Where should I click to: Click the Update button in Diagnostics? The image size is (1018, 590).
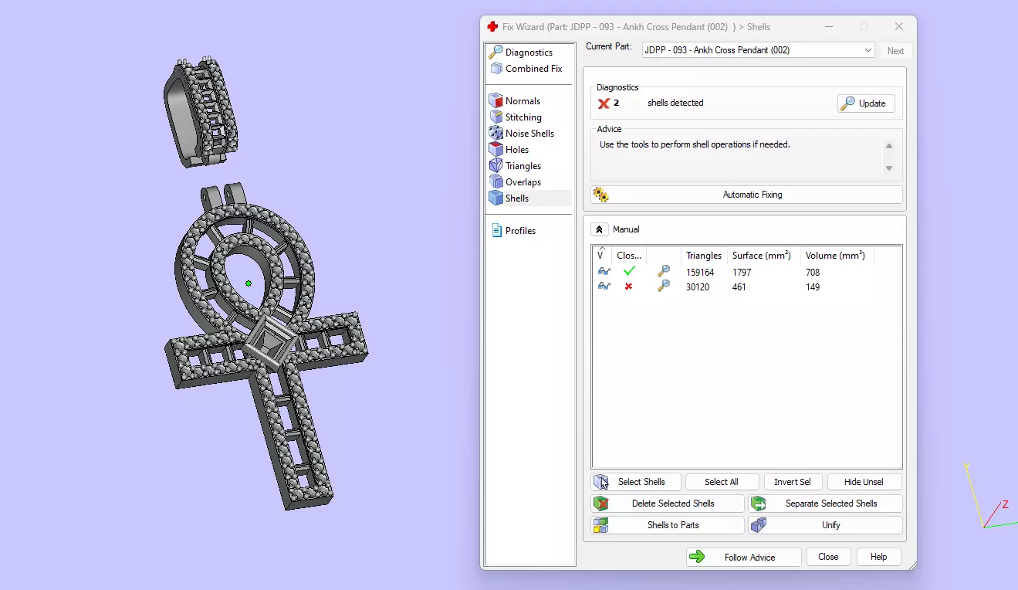pos(866,103)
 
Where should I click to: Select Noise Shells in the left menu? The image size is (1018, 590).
pos(529,134)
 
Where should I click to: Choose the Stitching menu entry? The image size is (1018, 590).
pos(523,117)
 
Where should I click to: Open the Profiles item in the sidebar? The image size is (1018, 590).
pos(520,231)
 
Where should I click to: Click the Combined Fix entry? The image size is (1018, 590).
pos(533,69)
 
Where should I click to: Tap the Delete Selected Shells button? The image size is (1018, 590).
pos(668,504)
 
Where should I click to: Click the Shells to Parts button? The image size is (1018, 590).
pos(668,525)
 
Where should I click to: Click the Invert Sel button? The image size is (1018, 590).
pos(792,482)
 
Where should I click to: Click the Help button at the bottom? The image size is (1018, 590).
pos(878,557)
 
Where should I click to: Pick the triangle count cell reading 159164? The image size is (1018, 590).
pos(700,273)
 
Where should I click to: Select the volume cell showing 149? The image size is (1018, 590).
pos(812,287)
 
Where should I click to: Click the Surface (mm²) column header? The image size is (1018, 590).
pos(761,256)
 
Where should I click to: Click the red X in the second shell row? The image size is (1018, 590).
pos(628,287)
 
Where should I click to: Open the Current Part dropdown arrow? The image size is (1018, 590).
pos(868,50)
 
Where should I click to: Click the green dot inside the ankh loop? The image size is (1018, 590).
pos(249,283)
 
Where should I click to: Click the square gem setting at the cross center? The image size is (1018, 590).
pos(269,341)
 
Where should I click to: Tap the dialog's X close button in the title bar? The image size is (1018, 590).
pos(898,27)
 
